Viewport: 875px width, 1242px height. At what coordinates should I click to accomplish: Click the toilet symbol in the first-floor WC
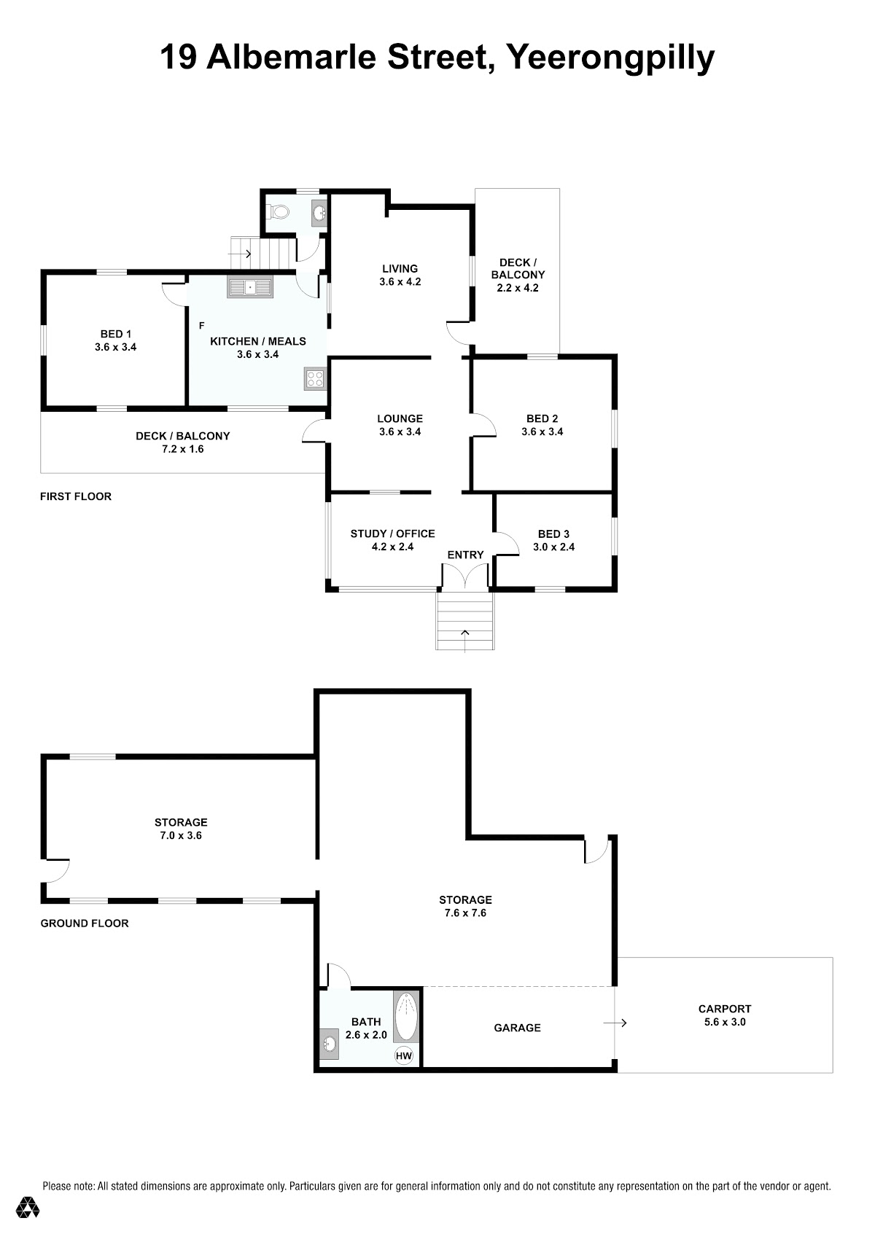pos(279,211)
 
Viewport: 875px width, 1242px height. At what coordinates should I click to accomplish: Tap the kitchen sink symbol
pos(249,287)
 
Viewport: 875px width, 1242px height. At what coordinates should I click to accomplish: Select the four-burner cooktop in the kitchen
pos(314,379)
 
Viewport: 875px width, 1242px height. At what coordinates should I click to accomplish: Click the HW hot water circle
pos(403,1055)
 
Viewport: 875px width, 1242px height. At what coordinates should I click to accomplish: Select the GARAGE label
pos(517,1028)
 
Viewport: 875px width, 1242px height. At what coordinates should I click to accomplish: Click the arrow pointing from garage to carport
pos(615,1023)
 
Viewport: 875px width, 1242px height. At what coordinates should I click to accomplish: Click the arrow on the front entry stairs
pos(465,641)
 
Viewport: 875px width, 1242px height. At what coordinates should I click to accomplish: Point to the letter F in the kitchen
pos(201,326)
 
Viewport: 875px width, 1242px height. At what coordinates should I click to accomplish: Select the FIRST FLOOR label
pos(75,496)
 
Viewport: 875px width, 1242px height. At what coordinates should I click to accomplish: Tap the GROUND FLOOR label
pos(85,923)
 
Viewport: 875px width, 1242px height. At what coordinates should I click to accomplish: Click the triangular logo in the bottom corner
pos(28,1206)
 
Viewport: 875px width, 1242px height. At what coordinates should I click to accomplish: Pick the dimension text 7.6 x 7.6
pos(465,913)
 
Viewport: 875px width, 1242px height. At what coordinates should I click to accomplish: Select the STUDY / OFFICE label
pos(392,534)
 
